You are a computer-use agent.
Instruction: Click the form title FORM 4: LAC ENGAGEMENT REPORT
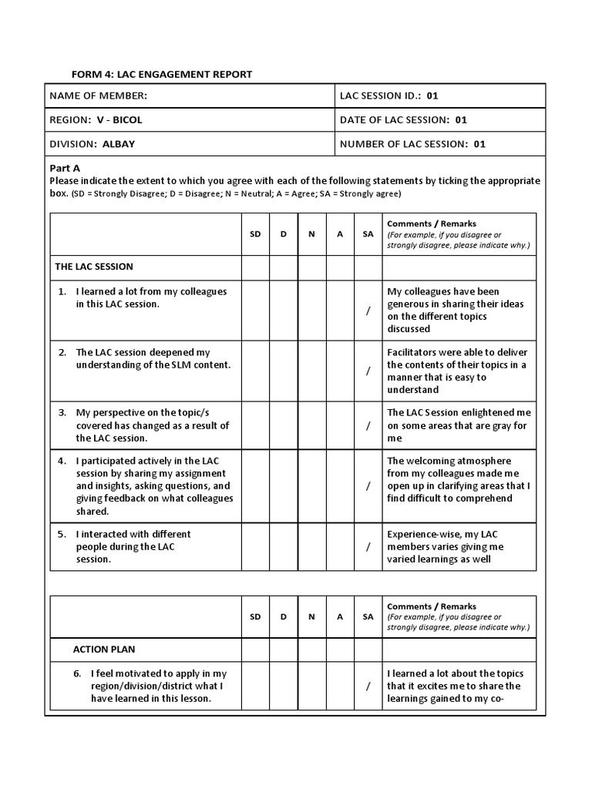162,74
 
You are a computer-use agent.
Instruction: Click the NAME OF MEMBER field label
98,96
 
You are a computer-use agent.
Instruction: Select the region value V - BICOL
119,119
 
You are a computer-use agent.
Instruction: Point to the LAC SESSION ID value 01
432,96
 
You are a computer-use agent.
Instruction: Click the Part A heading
65,168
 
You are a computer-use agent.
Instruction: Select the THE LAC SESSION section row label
94,267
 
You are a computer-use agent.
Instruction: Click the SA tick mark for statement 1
368,310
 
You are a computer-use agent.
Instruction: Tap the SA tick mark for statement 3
368,425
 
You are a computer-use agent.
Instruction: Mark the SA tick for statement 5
368,546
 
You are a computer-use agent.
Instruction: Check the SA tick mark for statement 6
368,686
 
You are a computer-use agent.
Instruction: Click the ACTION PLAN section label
104,650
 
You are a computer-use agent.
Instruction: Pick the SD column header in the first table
255,233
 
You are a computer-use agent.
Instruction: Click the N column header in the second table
311,616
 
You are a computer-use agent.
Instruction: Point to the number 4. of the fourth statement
63,461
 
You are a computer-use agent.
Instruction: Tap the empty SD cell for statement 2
255,371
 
